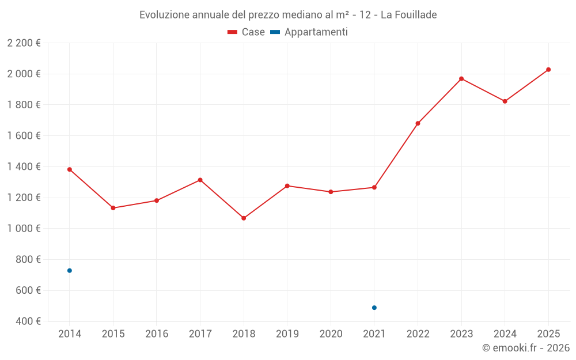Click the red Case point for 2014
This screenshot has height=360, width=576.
(70, 169)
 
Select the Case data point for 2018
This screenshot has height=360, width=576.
(244, 218)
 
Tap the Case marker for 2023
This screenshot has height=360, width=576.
(461, 78)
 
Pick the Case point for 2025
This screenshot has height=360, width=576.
(548, 70)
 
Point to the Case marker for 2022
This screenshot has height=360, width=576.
(418, 123)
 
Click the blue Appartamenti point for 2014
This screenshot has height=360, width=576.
(70, 271)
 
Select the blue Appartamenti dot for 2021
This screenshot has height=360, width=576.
(374, 308)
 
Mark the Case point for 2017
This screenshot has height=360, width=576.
(200, 180)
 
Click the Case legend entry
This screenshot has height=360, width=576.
(247, 32)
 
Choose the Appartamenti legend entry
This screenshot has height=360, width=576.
(309, 32)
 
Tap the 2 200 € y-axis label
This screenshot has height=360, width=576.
(24, 43)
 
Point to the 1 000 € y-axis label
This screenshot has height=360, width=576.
(24, 228)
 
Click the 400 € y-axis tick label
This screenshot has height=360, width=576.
(27, 321)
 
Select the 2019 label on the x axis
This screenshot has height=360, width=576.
(287, 334)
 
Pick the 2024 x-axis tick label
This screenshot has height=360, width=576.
(505, 334)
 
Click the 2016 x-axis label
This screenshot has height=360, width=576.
(157, 334)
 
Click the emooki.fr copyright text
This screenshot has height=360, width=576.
(526, 348)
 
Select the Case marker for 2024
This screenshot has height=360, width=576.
(505, 101)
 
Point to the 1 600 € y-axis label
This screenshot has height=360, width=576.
(24, 135)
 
